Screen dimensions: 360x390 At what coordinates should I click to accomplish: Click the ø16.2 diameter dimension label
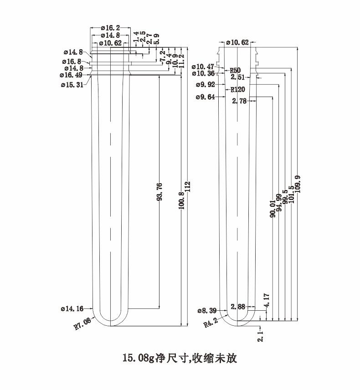[110, 28]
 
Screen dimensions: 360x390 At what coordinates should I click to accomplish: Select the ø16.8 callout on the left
[72, 62]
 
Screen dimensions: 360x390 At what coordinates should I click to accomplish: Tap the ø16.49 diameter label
[71, 75]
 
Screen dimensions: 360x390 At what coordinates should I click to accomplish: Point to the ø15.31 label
[72, 85]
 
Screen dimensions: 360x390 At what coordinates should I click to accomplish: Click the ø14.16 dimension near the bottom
[72, 308]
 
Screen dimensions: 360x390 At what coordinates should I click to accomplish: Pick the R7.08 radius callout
[82, 324]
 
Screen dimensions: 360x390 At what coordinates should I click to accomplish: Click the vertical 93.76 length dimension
[160, 191]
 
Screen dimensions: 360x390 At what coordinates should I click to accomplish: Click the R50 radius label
[235, 70]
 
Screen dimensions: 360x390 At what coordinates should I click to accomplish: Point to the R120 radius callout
[237, 89]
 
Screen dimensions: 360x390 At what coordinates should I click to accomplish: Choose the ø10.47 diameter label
[203, 67]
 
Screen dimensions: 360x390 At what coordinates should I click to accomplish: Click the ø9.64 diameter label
[205, 97]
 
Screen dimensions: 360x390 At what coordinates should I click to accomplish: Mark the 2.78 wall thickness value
[239, 101]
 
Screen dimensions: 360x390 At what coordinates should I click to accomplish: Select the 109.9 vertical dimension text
[298, 184]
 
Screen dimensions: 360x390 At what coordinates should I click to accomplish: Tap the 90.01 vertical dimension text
[273, 209]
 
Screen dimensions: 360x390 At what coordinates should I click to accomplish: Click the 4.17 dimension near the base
[267, 300]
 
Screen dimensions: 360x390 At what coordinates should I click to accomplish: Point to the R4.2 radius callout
[211, 323]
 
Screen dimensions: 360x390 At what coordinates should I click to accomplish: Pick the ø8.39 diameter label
[207, 311]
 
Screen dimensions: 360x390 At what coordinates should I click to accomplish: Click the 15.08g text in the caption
[139, 359]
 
